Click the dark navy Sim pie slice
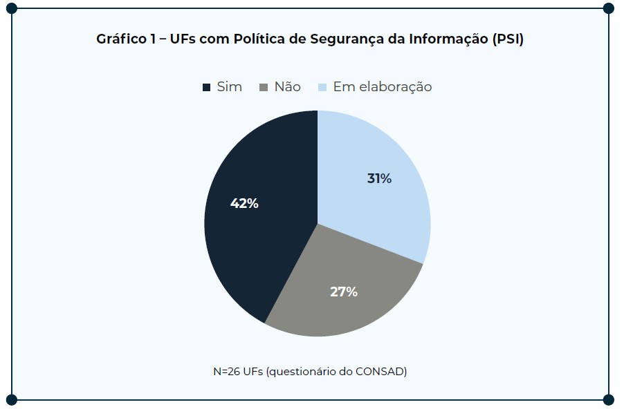(249, 235)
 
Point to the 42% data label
(244, 203)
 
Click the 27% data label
(344, 292)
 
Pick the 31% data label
(379, 178)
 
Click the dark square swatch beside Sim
(206, 88)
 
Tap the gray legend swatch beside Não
(264, 88)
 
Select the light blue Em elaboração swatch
(322, 88)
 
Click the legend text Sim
(230, 87)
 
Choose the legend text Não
(288, 87)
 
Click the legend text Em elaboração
(383, 87)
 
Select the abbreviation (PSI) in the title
(508, 39)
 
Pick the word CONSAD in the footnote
(380, 371)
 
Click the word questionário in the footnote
(302, 371)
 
